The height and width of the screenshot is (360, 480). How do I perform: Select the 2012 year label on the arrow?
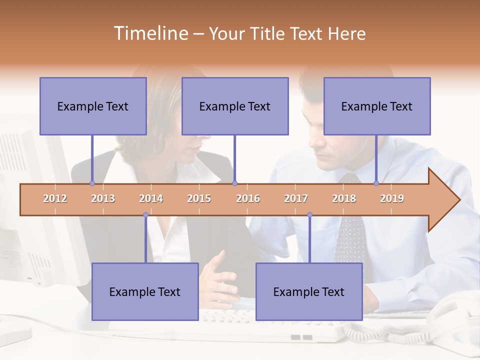(x=55, y=198)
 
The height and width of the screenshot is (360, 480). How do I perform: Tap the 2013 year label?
(x=103, y=198)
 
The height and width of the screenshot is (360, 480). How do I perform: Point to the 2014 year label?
(x=151, y=198)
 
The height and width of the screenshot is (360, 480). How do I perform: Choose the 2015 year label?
(x=199, y=198)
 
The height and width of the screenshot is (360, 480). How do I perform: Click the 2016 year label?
(x=248, y=198)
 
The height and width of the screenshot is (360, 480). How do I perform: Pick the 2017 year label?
(x=296, y=198)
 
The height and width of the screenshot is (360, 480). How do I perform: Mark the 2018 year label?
(x=344, y=198)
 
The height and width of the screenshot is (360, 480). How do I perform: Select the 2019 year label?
(x=392, y=198)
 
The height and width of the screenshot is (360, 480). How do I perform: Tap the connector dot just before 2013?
(x=92, y=183)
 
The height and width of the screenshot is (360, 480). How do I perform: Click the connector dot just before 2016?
(x=234, y=183)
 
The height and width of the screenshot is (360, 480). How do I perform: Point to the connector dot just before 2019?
(x=376, y=183)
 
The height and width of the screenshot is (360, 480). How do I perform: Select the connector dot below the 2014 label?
(x=145, y=215)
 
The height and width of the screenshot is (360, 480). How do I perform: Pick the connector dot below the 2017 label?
(x=309, y=215)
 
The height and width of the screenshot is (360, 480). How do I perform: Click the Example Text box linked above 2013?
(x=93, y=106)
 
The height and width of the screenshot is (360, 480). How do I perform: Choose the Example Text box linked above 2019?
(x=377, y=106)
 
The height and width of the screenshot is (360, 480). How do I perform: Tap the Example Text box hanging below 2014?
(x=145, y=291)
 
